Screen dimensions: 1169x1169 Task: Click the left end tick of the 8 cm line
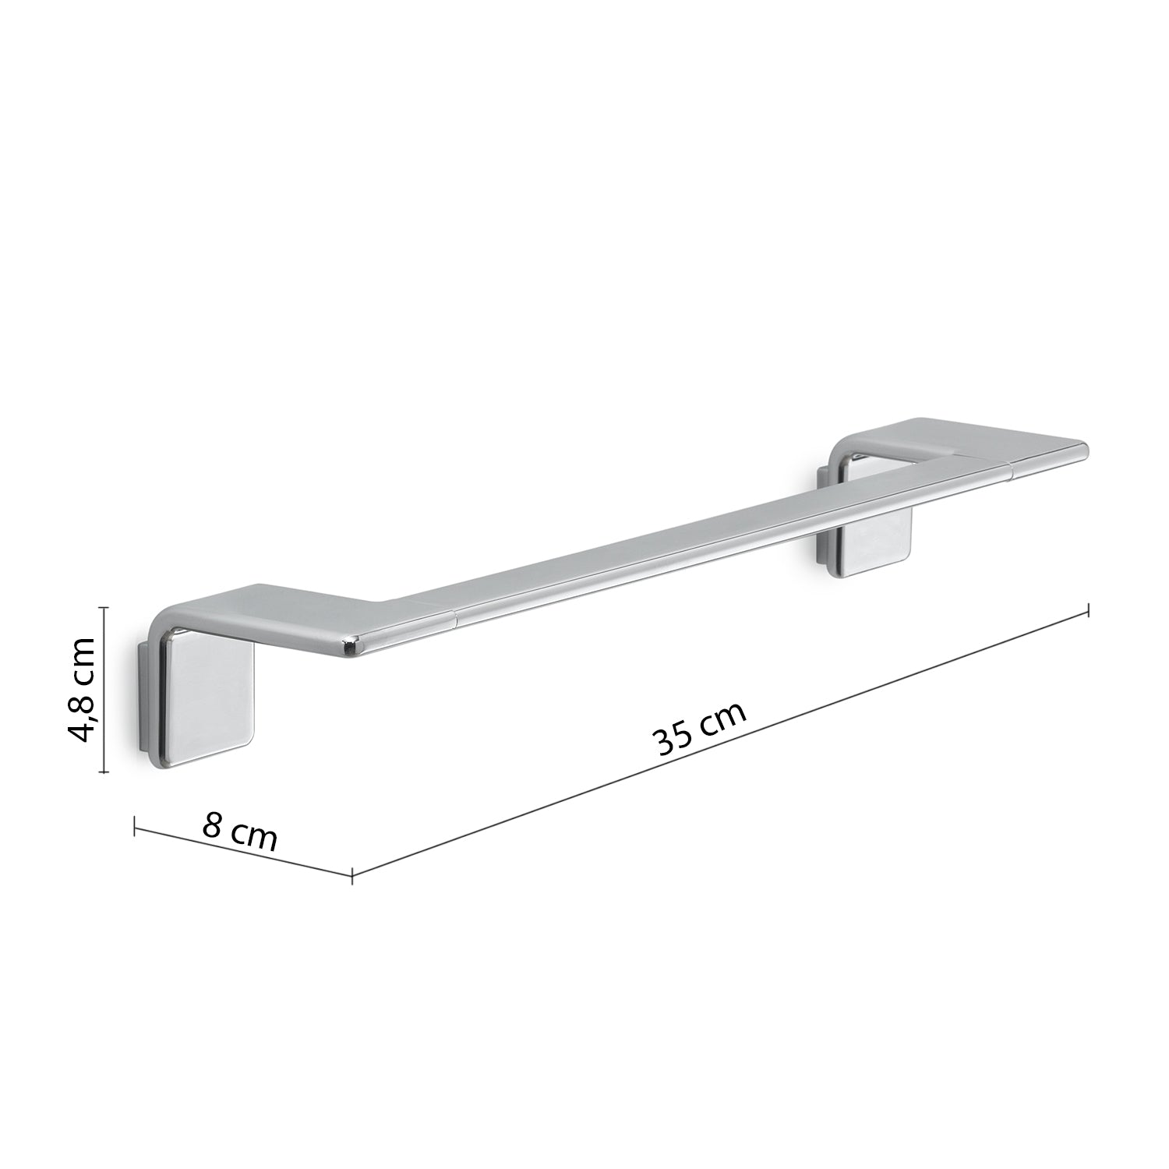click(136, 825)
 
